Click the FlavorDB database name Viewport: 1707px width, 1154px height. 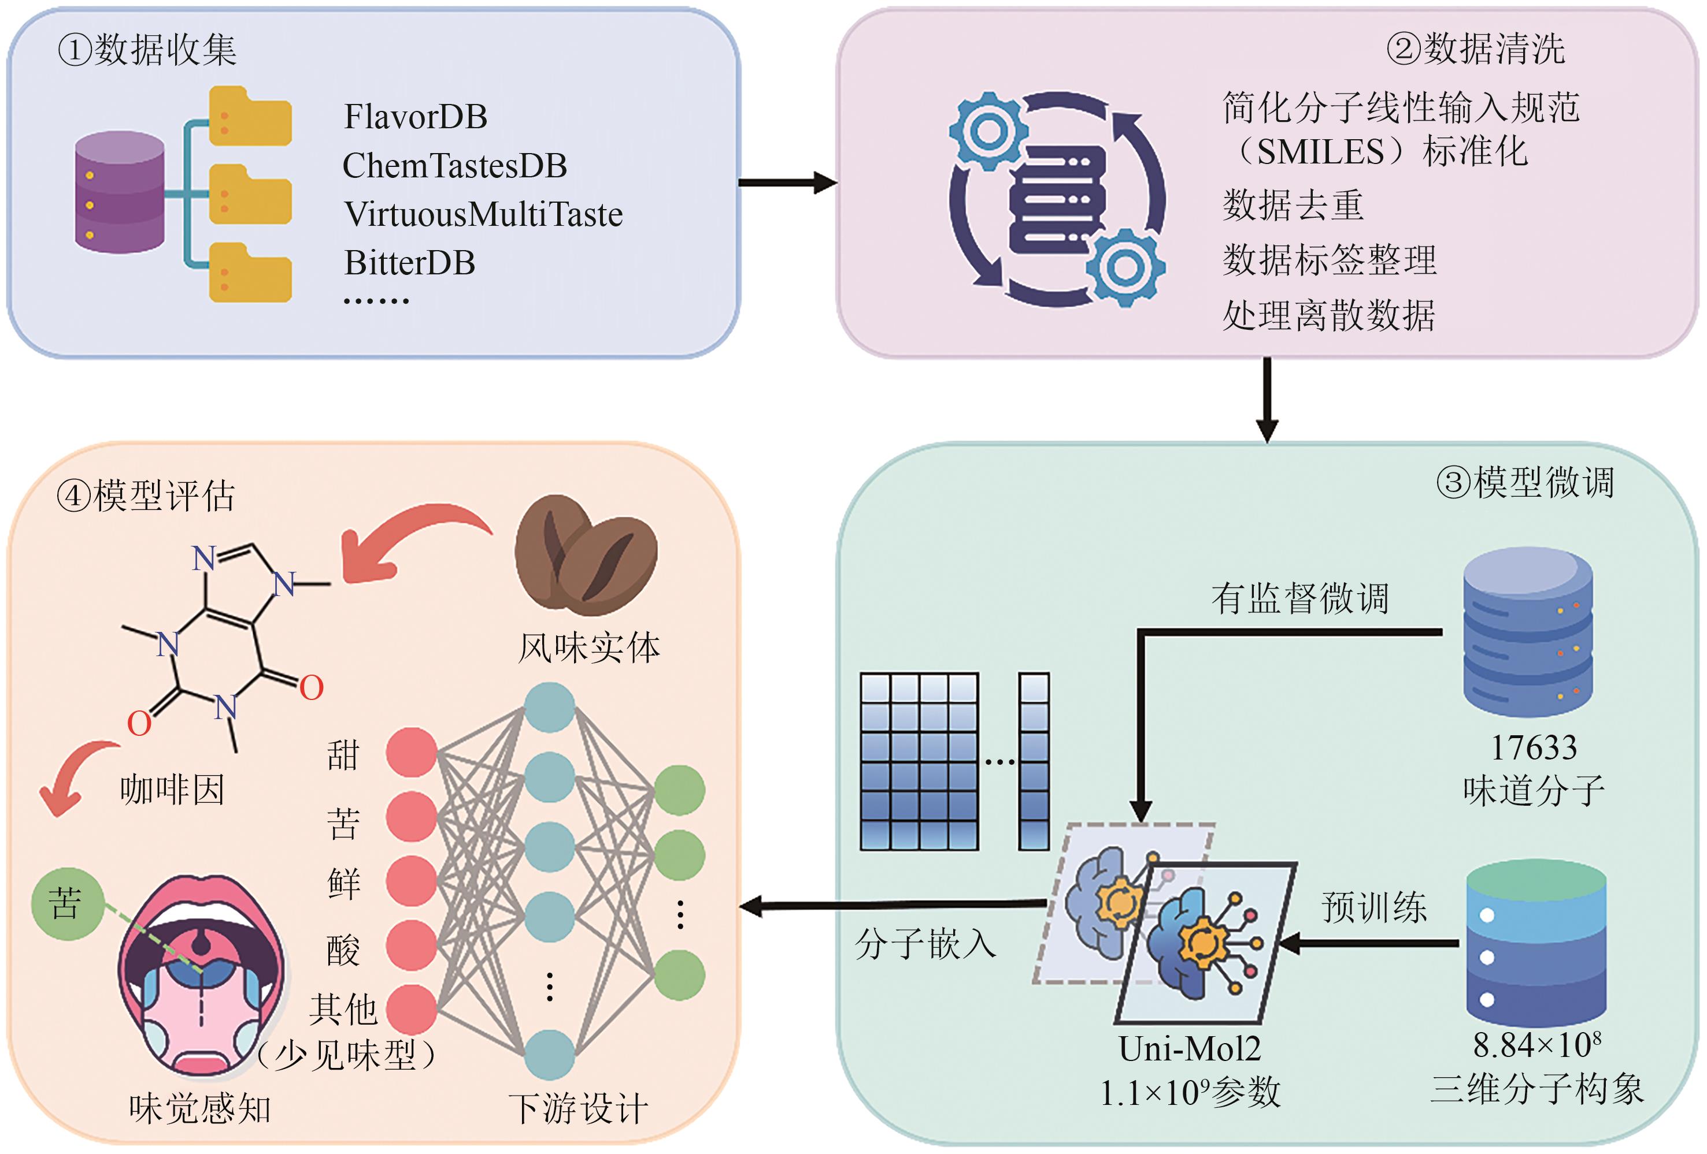415,117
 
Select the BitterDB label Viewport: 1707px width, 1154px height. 410,263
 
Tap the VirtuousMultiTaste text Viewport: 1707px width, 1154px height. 483,214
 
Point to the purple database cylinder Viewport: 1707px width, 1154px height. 120,192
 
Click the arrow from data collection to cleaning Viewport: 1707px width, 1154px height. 787,183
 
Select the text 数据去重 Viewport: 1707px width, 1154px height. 1293,205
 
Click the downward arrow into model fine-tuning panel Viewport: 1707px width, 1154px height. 1267,400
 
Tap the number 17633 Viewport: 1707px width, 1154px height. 1534,748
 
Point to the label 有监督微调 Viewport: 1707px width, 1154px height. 1299,598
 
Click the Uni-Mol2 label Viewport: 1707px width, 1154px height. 1189,1049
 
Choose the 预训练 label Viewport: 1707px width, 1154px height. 1373,907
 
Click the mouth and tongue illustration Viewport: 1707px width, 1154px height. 201,976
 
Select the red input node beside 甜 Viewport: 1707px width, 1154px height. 412,753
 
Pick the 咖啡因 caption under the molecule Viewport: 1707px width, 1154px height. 172,791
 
